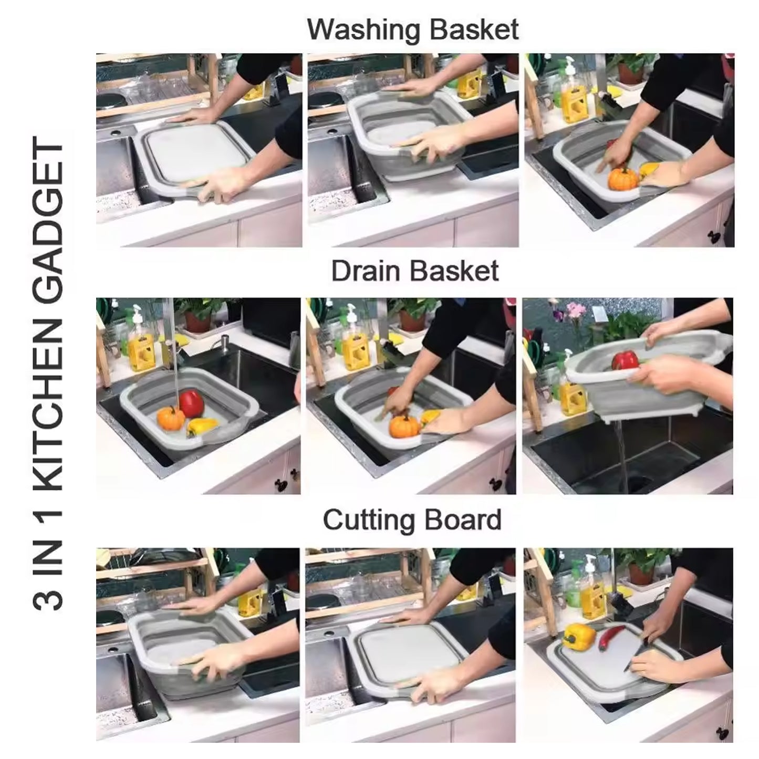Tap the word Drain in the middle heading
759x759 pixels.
pyautogui.click(x=366, y=271)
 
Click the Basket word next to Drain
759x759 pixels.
pyautogui.click(x=455, y=271)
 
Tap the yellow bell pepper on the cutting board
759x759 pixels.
pyautogui.click(x=578, y=636)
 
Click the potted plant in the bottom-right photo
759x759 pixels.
pyautogui.click(x=643, y=567)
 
